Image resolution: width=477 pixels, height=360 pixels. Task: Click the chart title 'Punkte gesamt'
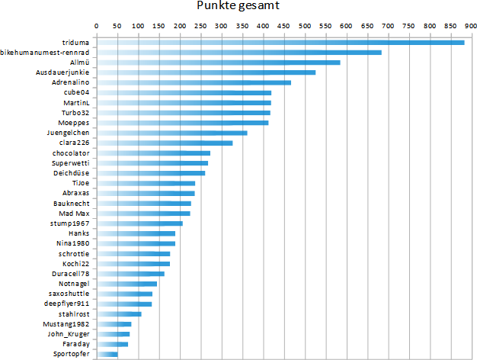coord(238,7)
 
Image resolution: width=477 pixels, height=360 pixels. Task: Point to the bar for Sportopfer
coord(107,354)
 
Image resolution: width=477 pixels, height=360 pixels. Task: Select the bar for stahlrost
coord(119,313)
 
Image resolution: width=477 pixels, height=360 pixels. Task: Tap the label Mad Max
coord(75,214)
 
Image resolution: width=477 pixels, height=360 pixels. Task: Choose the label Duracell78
coord(70,273)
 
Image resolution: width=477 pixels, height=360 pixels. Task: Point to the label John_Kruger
coord(68,334)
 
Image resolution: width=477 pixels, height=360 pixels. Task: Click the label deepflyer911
coord(67,304)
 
